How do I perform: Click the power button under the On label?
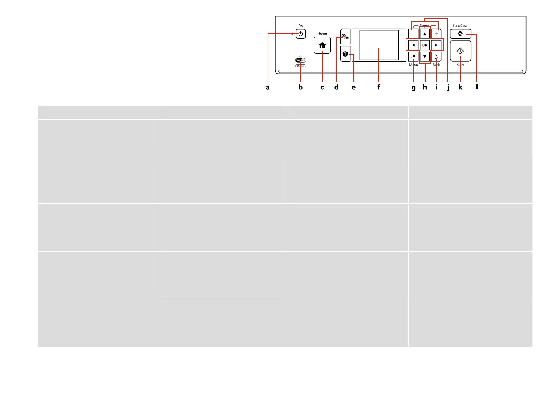click(x=300, y=34)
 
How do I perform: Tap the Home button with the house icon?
click(x=322, y=45)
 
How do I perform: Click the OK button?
click(x=424, y=45)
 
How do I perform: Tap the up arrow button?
click(x=424, y=34)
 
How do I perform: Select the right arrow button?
click(x=436, y=45)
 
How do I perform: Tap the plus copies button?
click(x=436, y=34)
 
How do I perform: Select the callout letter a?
click(x=268, y=87)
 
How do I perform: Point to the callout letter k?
click(x=460, y=87)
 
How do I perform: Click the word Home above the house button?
click(x=322, y=33)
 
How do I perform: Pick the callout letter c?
click(x=322, y=87)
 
